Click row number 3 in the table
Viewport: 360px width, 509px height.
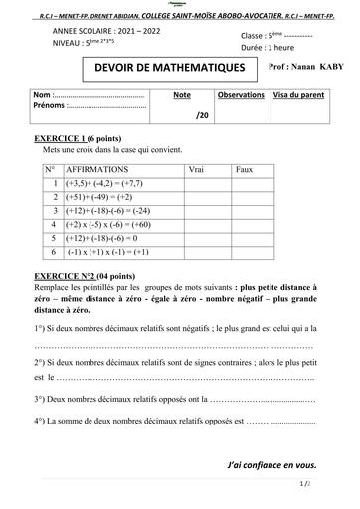coord(50,212)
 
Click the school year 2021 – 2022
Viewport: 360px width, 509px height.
coord(133,30)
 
